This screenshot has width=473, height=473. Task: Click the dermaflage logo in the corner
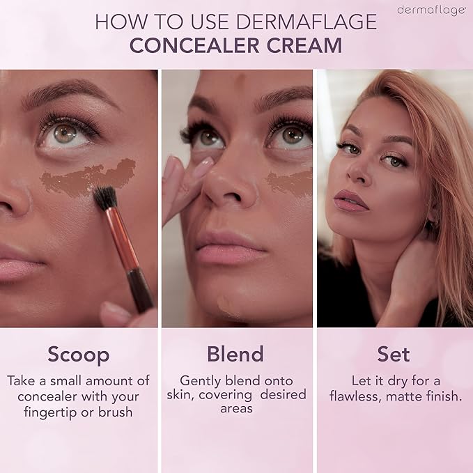[x=431, y=10]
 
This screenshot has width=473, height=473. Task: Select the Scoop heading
[x=79, y=354]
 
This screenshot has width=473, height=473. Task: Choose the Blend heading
[x=235, y=354]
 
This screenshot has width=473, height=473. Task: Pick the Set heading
[x=394, y=354]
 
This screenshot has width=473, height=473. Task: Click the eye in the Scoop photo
[x=65, y=132]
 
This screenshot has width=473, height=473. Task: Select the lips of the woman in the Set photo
[x=350, y=201]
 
